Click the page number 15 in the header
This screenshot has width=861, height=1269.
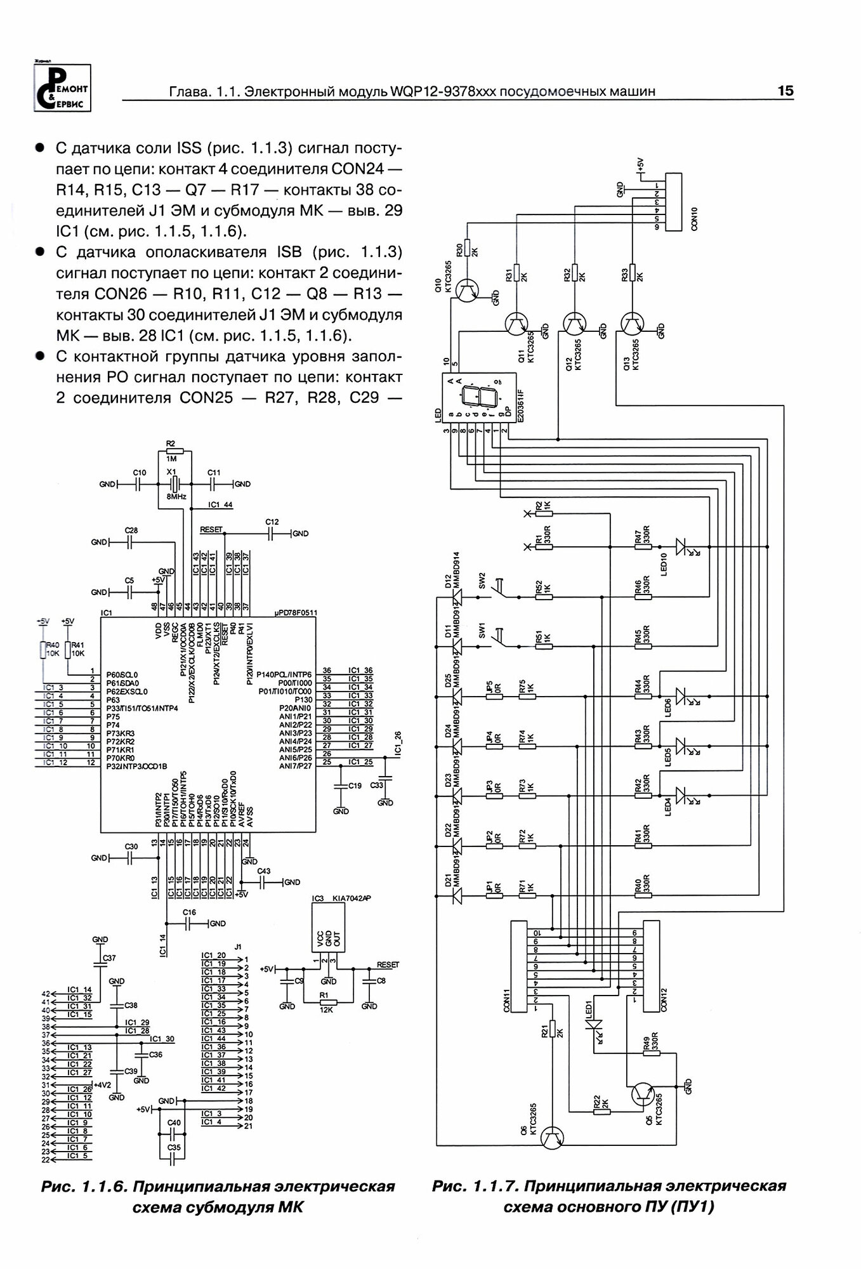(x=785, y=91)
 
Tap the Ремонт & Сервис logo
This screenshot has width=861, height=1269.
(x=62, y=88)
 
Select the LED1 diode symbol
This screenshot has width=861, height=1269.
(x=595, y=1025)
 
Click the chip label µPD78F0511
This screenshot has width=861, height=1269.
(x=296, y=613)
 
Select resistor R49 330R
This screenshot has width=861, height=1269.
(x=651, y=1053)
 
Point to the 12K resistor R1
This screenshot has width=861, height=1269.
(x=327, y=1002)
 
